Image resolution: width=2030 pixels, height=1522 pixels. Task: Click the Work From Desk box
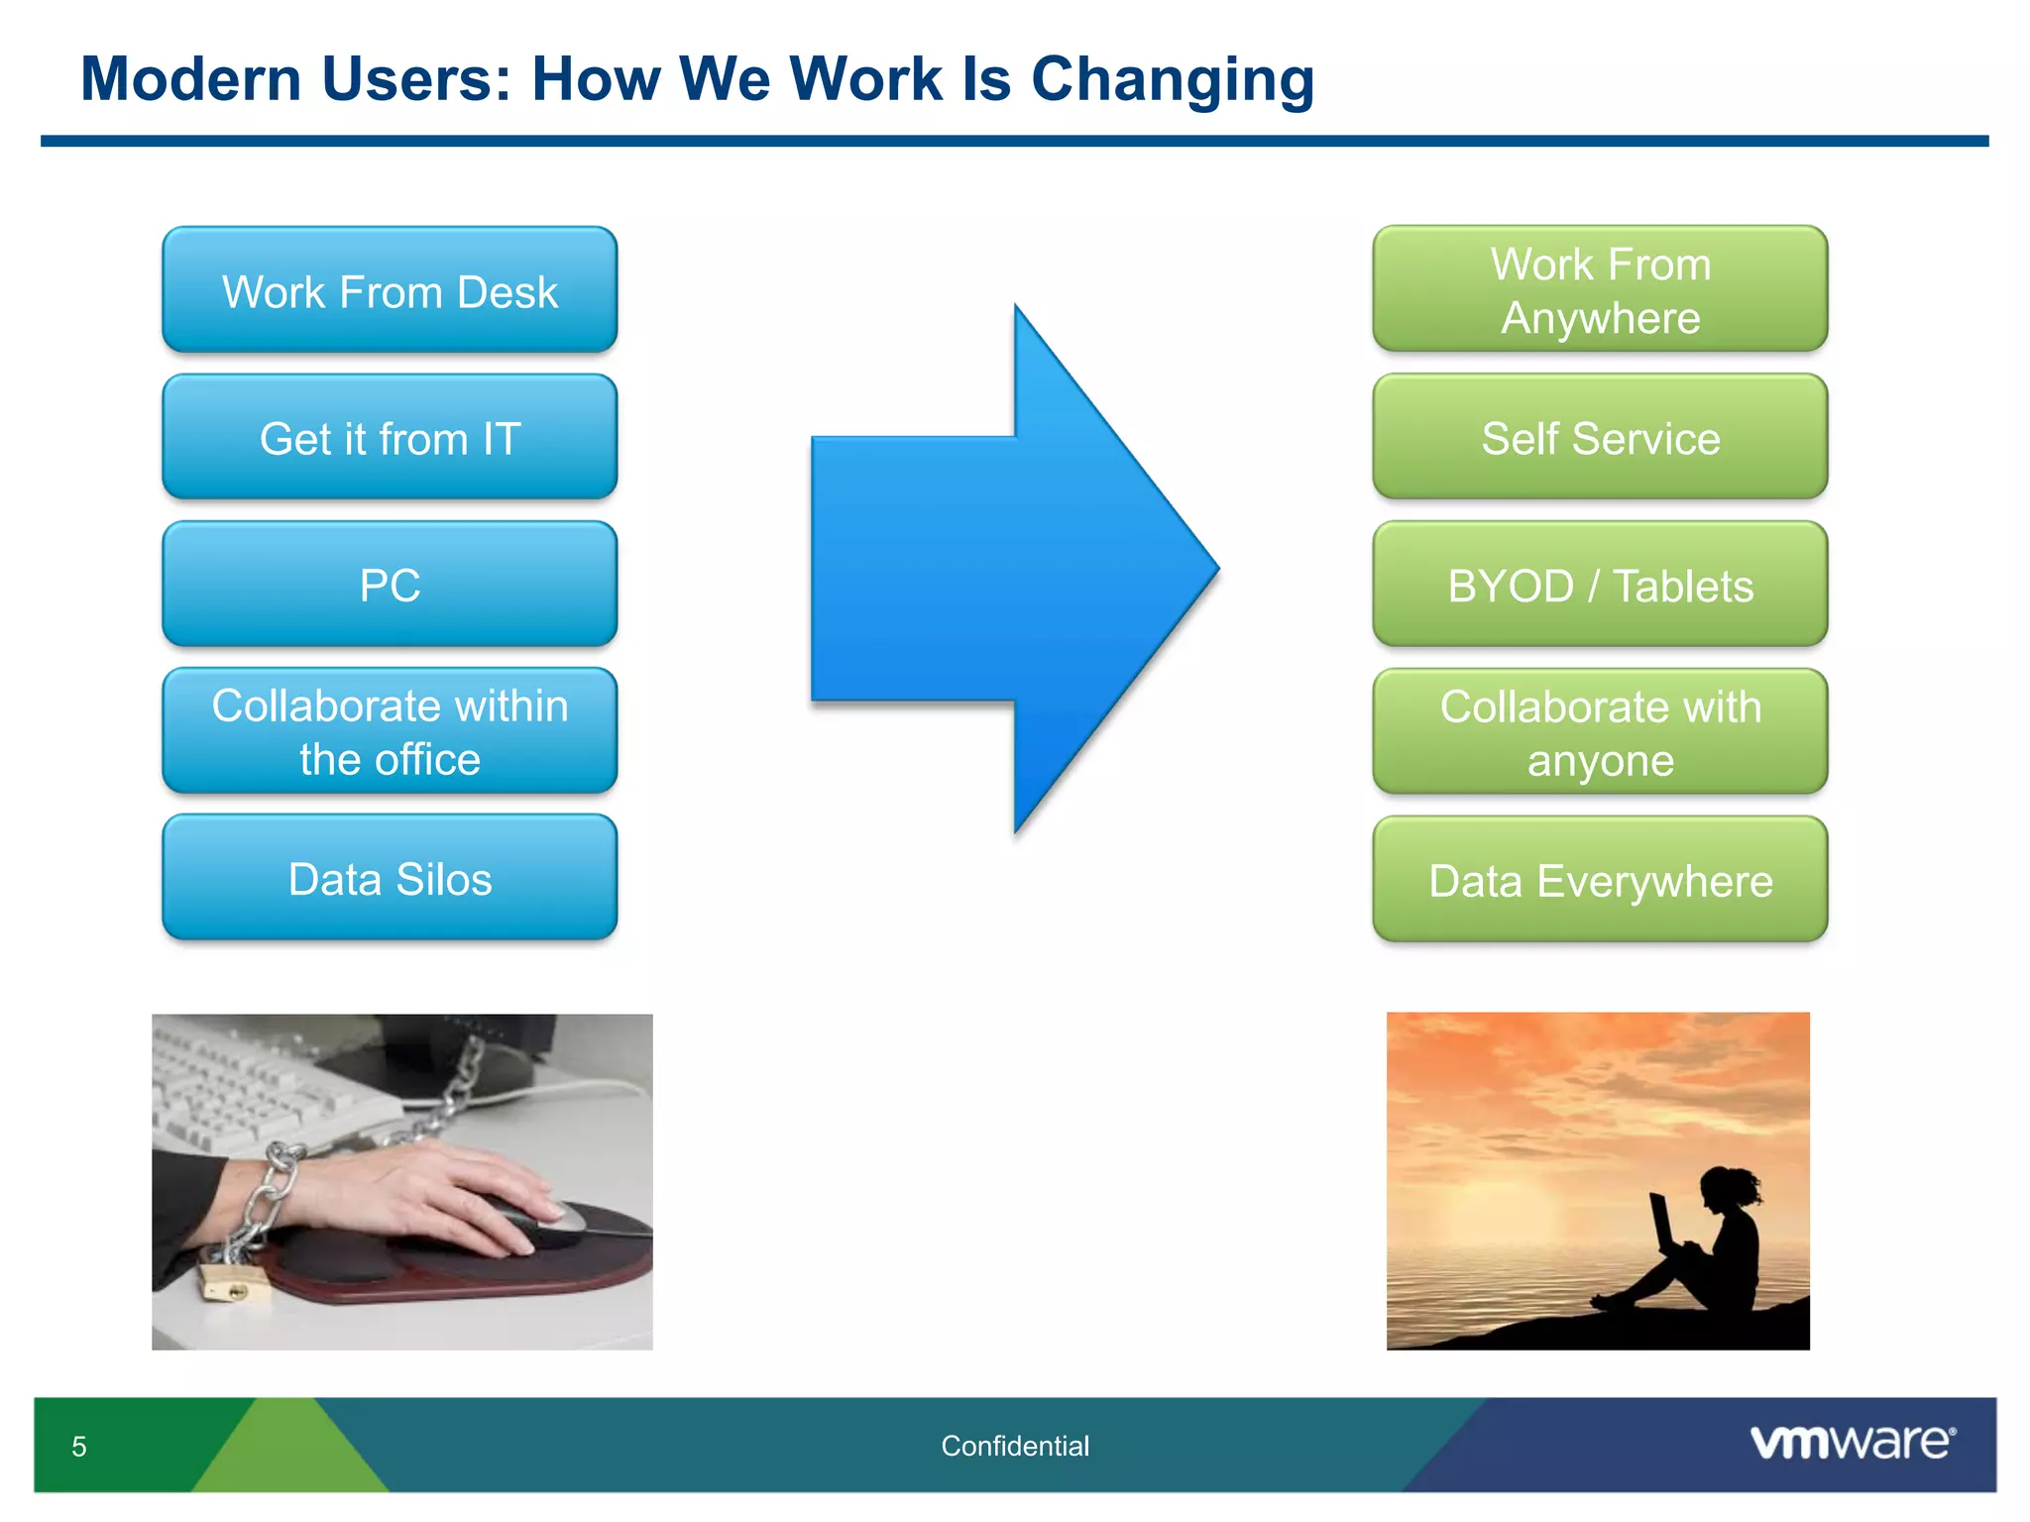click(390, 290)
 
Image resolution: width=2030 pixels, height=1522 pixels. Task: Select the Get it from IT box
click(390, 437)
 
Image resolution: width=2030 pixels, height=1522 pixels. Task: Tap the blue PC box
click(390, 585)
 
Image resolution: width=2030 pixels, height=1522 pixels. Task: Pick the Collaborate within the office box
click(390, 731)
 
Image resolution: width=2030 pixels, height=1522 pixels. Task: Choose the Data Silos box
click(390, 878)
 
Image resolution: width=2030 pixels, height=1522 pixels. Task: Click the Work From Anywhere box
click(1600, 289)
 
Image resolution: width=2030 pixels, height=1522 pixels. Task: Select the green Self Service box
click(1600, 437)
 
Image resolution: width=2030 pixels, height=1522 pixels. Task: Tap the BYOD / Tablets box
click(1600, 585)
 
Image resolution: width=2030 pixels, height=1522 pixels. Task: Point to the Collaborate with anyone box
click(1600, 732)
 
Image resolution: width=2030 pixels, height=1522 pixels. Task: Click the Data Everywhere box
click(1600, 880)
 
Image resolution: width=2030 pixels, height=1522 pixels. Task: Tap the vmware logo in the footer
click(1852, 1442)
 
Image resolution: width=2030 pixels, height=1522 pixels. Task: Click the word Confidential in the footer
click(1014, 1446)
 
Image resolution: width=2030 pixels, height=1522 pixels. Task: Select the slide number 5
click(79, 1447)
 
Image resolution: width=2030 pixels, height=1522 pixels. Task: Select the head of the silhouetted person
click(1723, 1186)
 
